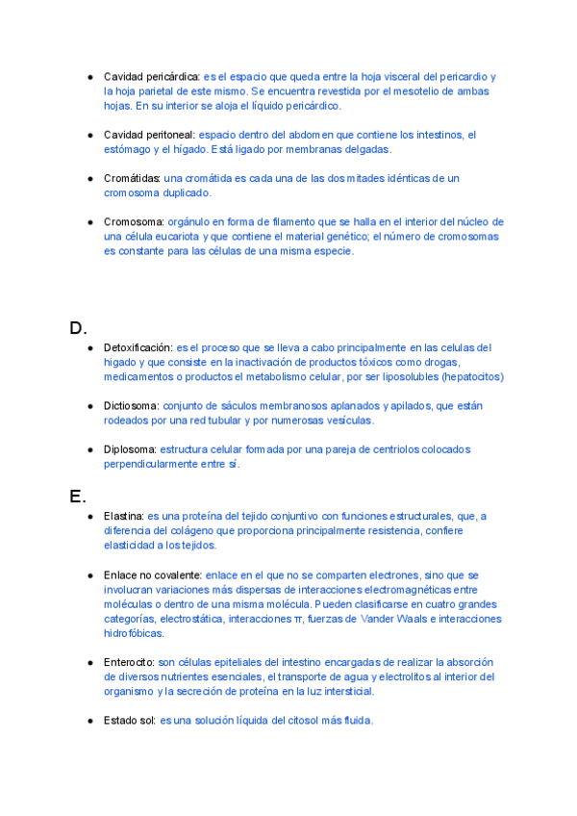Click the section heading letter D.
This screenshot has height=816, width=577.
pos(78,327)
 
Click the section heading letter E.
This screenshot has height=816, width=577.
pos(78,497)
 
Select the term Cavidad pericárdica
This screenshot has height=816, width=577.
pos(151,76)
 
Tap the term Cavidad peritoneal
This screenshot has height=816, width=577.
pos(149,135)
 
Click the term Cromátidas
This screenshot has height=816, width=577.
pos(132,178)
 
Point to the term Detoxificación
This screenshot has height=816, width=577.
pos(138,347)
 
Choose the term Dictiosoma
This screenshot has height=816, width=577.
pos(131,406)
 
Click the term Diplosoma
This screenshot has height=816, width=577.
pos(130,449)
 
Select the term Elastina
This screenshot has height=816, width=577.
pos(124,516)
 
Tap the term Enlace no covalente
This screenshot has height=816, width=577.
pos(152,574)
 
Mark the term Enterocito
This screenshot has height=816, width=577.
pos(129,662)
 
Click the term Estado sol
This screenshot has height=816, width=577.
pos(130,721)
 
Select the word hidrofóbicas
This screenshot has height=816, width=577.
pos(134,633)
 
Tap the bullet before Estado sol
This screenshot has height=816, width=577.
pos(89,721)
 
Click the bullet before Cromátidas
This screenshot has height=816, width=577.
pos(89,178)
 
